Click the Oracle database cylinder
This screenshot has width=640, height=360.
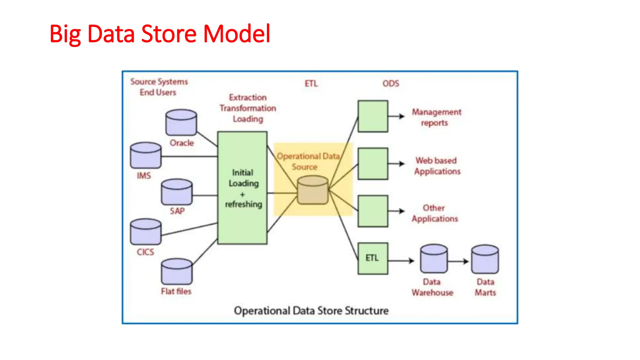[x=181, y=122]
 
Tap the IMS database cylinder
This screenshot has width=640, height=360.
[x=146, y=156]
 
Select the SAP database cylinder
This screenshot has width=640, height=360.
[x=177, y=192]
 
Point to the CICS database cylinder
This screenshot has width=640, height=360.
[x=146, y=232]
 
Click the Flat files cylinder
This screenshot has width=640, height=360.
[x=177, y=272]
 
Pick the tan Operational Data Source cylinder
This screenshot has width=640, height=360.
[x=312, y=190]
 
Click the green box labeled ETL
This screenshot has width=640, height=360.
[x=373, y=258]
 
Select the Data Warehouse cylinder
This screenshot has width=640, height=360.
[x=434, y=259]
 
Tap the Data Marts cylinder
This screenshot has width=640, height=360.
[x=485, y=259]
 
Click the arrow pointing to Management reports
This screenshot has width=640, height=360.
[x=397, y=117]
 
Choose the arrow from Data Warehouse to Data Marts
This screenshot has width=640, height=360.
[x=458, y=261]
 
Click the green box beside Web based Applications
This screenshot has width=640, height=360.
[x=373, y=163]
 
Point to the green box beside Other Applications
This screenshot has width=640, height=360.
[x=373, y=211]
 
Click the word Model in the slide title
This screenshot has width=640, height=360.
[x=237, y=34]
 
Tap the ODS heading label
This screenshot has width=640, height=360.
[x=391, y=83]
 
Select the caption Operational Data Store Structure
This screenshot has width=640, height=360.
[x=311, y=311]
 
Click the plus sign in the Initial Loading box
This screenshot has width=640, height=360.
[x=242, y=194]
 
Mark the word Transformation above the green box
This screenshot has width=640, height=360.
[x=248, y=108]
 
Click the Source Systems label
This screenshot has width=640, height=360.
[x=159, y=82]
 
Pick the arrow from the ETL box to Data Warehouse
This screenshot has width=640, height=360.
[x=401, y=261]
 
